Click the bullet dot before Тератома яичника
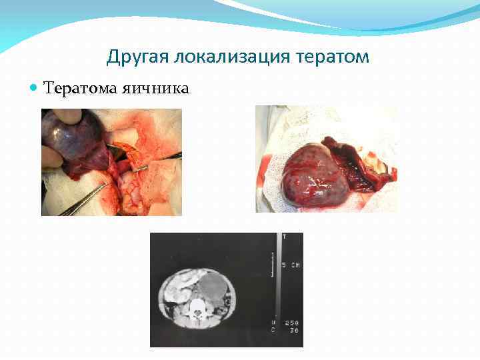(35, 88)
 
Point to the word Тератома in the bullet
(77, 88)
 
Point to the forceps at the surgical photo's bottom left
(80, 200)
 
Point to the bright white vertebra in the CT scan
(198, 308)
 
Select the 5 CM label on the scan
(291, 265)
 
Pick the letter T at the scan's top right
(285, 236)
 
